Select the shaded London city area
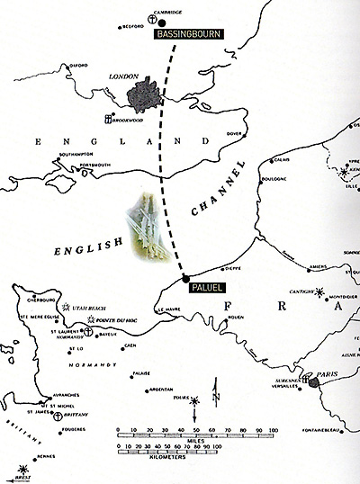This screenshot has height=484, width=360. (144, 94)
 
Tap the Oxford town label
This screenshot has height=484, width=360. (78, 66)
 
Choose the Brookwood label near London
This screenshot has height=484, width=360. (129, 119)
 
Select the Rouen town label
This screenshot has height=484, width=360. (237, 317)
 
